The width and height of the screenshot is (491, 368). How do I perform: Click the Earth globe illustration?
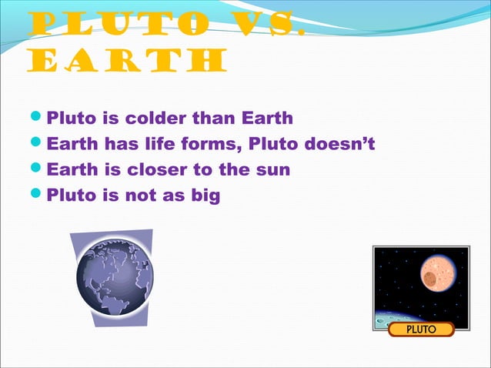pyautogui.click(x=115, y=276)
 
